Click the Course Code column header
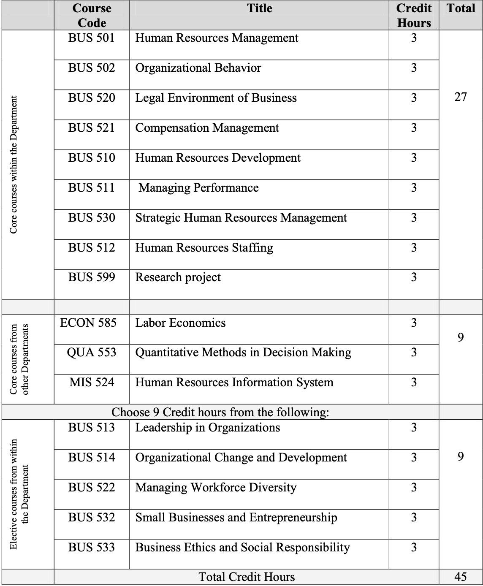coord(92,15)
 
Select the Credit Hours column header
coord(414,15)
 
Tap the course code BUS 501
coord(92,38)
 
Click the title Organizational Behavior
coord(198,68)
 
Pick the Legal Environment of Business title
coord(216,98)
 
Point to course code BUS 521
coord(92,128)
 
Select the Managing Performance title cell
coord(198,188)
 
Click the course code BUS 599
coord(92,277)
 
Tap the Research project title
coord(178,277)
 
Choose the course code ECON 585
coord(88,323)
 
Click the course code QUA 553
coord(92,353)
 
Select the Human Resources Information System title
coord(234,383)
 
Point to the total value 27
coord(461,97)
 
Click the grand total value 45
coord(461,577)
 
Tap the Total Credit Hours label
coord(247,577)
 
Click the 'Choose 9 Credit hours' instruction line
coord(220,412)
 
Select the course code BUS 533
coord(92,548)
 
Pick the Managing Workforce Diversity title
coord(216,488)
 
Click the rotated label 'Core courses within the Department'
coord(14,165)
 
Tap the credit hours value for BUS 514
coord(414,458)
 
